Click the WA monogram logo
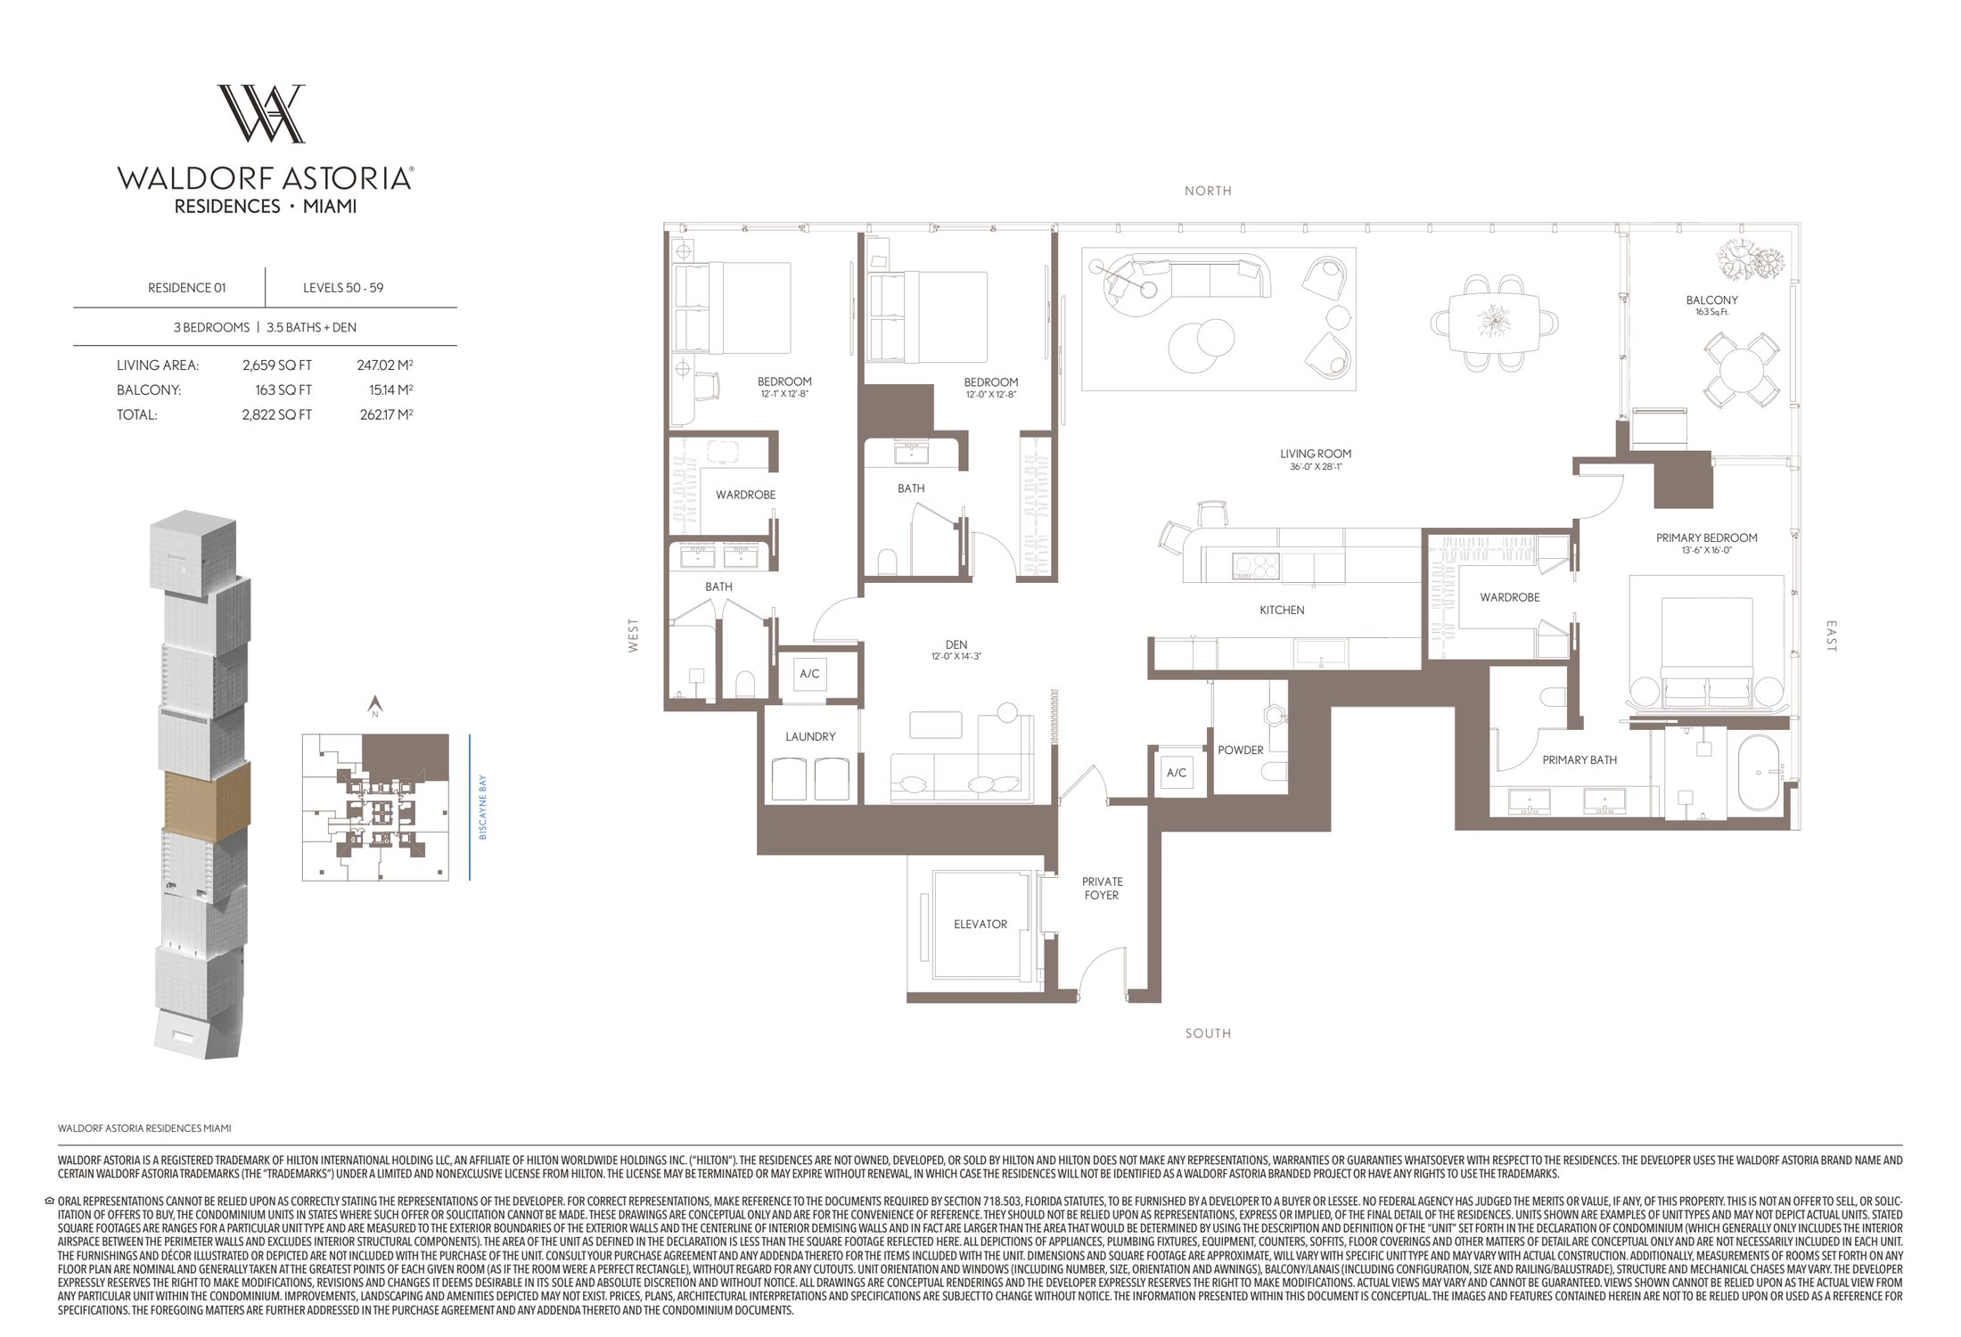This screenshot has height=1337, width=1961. click(x=261, y=113)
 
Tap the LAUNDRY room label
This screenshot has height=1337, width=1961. click(x=810, y=736)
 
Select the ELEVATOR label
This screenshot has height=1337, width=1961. click(x=980, y=924)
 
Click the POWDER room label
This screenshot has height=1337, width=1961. click(x=1240, y=750)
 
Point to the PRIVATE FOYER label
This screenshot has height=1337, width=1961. click(x=1102, y=888)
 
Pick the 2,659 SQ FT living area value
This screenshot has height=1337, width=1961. click(x=276, y=365)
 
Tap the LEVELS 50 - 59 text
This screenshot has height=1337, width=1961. click(x=343, y=288)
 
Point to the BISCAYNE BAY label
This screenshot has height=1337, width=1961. click(x=483, y=807)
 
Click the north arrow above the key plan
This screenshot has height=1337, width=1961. click(x=375, y=705)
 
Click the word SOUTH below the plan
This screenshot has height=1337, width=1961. click(x=1208, y=1033)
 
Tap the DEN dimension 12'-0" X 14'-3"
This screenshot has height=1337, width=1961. click(x=956, y=656)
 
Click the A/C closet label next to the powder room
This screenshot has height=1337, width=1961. click(x=1176, y=773)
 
